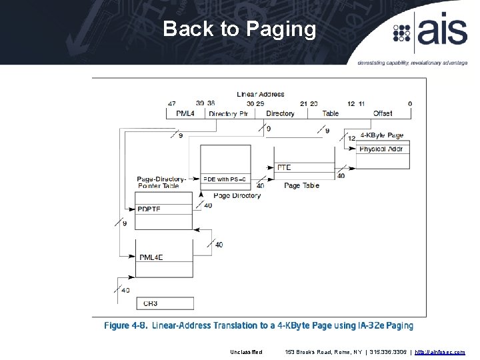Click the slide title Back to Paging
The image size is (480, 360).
pos(239,29)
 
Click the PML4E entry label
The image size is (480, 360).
pos(151,257)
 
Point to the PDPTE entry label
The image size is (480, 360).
pos(149,209)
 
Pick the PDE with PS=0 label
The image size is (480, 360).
pos(225,179)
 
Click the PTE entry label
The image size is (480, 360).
pos(284,167)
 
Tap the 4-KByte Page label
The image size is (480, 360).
pos(382,135)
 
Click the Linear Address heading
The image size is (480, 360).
pos(261,94)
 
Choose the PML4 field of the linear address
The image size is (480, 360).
pos(185,113)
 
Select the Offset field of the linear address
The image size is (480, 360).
pos(383,113)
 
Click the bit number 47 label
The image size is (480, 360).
pos(172,103)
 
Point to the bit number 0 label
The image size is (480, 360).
pos(410,103)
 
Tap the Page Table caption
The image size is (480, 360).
pos(301,185)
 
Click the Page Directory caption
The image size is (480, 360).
pos(237,195)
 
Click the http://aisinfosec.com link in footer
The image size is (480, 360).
pos(440,351)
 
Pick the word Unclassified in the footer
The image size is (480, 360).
pos(247,351)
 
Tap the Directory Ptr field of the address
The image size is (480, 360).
pos(229,113)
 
